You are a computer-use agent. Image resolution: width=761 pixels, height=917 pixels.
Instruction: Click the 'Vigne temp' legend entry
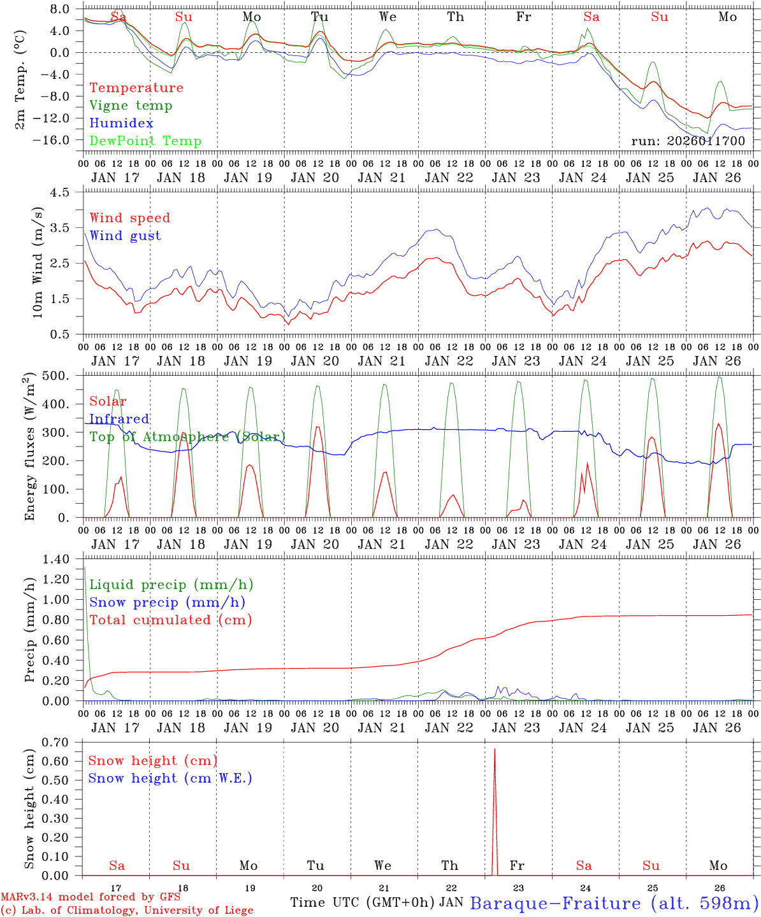(x=131, y=106)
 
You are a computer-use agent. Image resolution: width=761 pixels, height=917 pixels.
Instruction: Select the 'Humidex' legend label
(x=121, y=124)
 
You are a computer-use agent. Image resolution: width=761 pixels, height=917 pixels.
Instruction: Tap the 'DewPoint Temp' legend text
(x=145, y=141)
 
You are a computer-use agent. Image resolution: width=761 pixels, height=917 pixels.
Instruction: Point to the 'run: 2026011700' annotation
(x=688, y=141)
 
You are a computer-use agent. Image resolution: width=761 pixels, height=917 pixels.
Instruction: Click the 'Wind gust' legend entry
(x=125, y=236)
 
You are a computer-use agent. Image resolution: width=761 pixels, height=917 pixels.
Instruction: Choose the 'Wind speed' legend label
(x=129, y=218)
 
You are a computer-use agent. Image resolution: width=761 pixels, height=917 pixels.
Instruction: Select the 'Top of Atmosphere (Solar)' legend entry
(x=187, y=437)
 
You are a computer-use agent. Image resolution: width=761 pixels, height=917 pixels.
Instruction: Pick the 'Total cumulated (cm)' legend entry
(x=170, y=620)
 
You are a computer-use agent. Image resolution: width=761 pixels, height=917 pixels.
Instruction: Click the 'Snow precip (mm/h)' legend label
(x=167, y=602)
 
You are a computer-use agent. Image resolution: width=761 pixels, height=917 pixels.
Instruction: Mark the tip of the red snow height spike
(x=495, y=749)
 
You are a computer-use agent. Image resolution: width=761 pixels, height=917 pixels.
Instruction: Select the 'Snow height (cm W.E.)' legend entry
(x=170, y=778)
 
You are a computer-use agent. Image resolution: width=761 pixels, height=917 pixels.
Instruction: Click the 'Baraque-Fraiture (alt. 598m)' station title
(x=614, y=903)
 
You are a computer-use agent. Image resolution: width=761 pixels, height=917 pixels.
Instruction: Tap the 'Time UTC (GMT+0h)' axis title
(x=363, y=902)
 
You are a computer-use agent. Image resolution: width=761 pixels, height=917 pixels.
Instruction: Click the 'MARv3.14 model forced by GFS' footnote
(x=91, y=897)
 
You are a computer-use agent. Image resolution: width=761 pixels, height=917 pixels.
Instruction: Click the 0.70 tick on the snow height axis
(x=55, y=742)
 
